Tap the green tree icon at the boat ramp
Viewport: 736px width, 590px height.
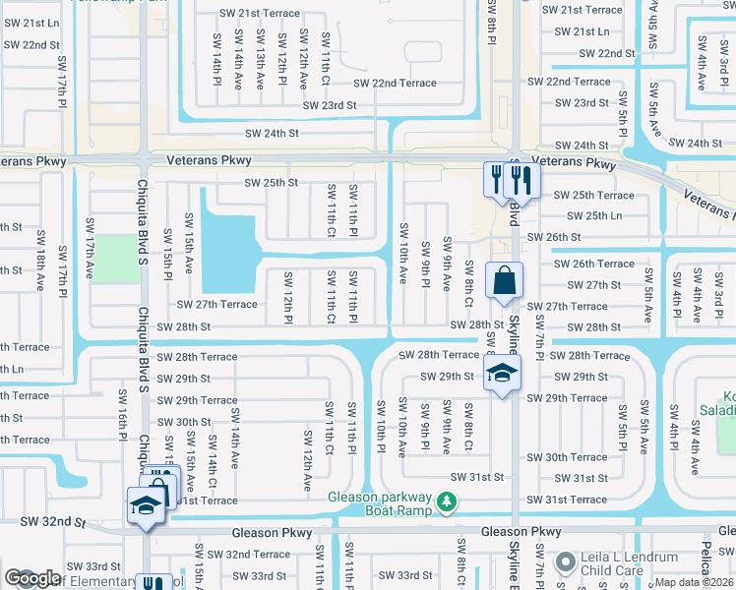(447, 502)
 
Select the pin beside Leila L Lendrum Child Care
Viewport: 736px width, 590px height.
(566, 562)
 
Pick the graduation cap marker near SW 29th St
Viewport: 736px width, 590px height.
(502, 373)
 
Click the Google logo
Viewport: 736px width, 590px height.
(32, 579)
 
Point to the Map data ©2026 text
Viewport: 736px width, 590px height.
(693, 582)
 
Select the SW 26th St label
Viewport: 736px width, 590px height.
(554, 237)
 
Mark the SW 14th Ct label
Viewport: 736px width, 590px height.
(211, 466)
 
